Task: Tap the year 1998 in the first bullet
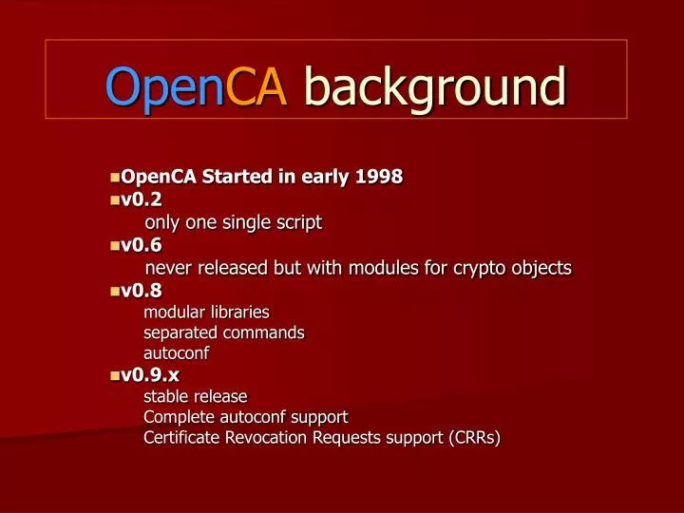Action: (377, 177)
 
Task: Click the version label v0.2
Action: (142, 199)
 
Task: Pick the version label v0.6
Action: (142, 245)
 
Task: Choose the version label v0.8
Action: (142, 291)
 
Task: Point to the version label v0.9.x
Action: (150, 374)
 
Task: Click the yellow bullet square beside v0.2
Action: (115, 200)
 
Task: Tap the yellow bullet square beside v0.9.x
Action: (115, 375)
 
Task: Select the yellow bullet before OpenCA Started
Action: (115, 178)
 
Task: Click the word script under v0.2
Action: (297, 223)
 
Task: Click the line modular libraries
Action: (206, 312)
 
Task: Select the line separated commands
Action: (223, 332)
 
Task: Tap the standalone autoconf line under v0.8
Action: (176, 353)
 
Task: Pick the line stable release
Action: (195, 395)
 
